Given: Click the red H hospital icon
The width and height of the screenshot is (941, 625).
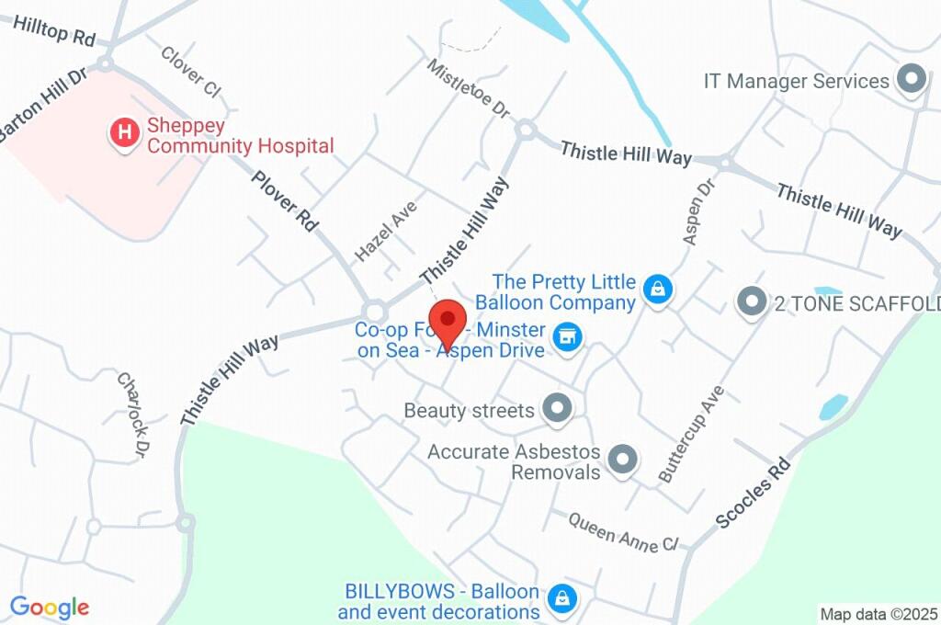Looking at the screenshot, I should [x=124, y=134].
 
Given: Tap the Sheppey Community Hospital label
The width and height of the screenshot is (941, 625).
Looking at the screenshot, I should [x=240, y=135].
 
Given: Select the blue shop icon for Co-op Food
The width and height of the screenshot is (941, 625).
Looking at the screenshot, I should [x=569, y=336].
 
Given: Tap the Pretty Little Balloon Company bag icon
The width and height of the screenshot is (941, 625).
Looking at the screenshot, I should [x=658, y=290].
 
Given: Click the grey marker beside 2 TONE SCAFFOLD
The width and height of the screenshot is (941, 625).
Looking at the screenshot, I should [x=752, y=301].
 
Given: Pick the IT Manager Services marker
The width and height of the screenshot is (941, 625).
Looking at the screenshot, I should [x=912, y=81].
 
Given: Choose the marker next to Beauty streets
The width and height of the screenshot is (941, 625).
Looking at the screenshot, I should [x=556, y=409].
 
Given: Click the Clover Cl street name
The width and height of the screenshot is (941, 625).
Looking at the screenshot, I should [x=191, y=71].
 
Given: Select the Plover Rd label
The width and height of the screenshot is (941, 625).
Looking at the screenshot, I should [x=285, y=199].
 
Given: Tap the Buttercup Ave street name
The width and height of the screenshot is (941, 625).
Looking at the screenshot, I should [x=692, y=434].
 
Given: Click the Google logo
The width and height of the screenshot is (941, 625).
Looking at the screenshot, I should [x=50, y=607].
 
